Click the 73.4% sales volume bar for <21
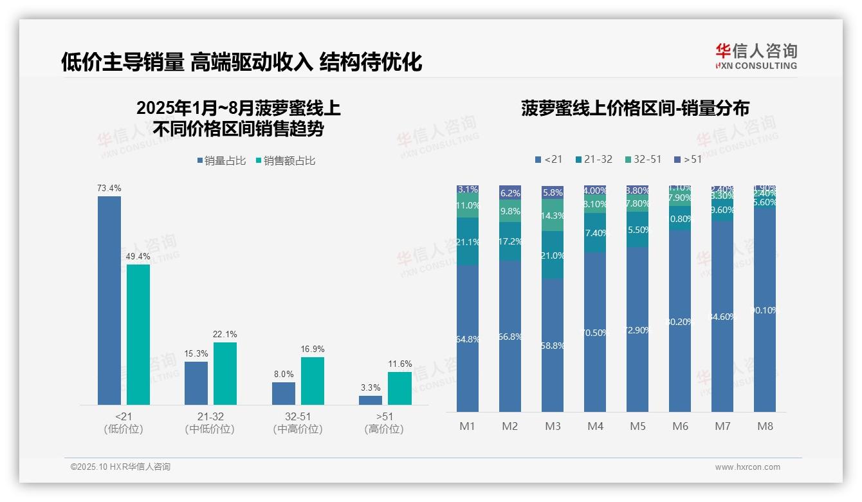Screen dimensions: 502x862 [109, 300]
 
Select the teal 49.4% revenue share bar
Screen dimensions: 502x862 [138, 334]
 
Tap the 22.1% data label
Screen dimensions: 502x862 [225, 335]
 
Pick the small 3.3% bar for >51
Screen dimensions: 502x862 [371, 400]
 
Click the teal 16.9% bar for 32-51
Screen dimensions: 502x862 [313, 380]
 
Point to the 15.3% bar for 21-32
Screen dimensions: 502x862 [196, 383]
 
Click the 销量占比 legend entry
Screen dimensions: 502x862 [221, 161]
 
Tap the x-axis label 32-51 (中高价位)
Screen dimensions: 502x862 [298, 423]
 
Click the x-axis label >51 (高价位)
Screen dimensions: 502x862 [384, 423]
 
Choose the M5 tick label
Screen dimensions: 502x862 [637, 426]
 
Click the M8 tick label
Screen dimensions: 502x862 [765, 426]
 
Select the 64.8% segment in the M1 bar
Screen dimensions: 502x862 [468, 339]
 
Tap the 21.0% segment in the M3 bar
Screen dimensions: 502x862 [553, 256]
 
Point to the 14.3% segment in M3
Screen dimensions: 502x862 [553, 216]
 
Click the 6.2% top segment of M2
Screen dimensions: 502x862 [510, 192]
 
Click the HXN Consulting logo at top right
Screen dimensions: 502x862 [756, 56]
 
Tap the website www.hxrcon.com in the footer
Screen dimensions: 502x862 [747, 467]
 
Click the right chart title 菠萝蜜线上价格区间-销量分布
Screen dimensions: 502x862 [635, 109]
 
